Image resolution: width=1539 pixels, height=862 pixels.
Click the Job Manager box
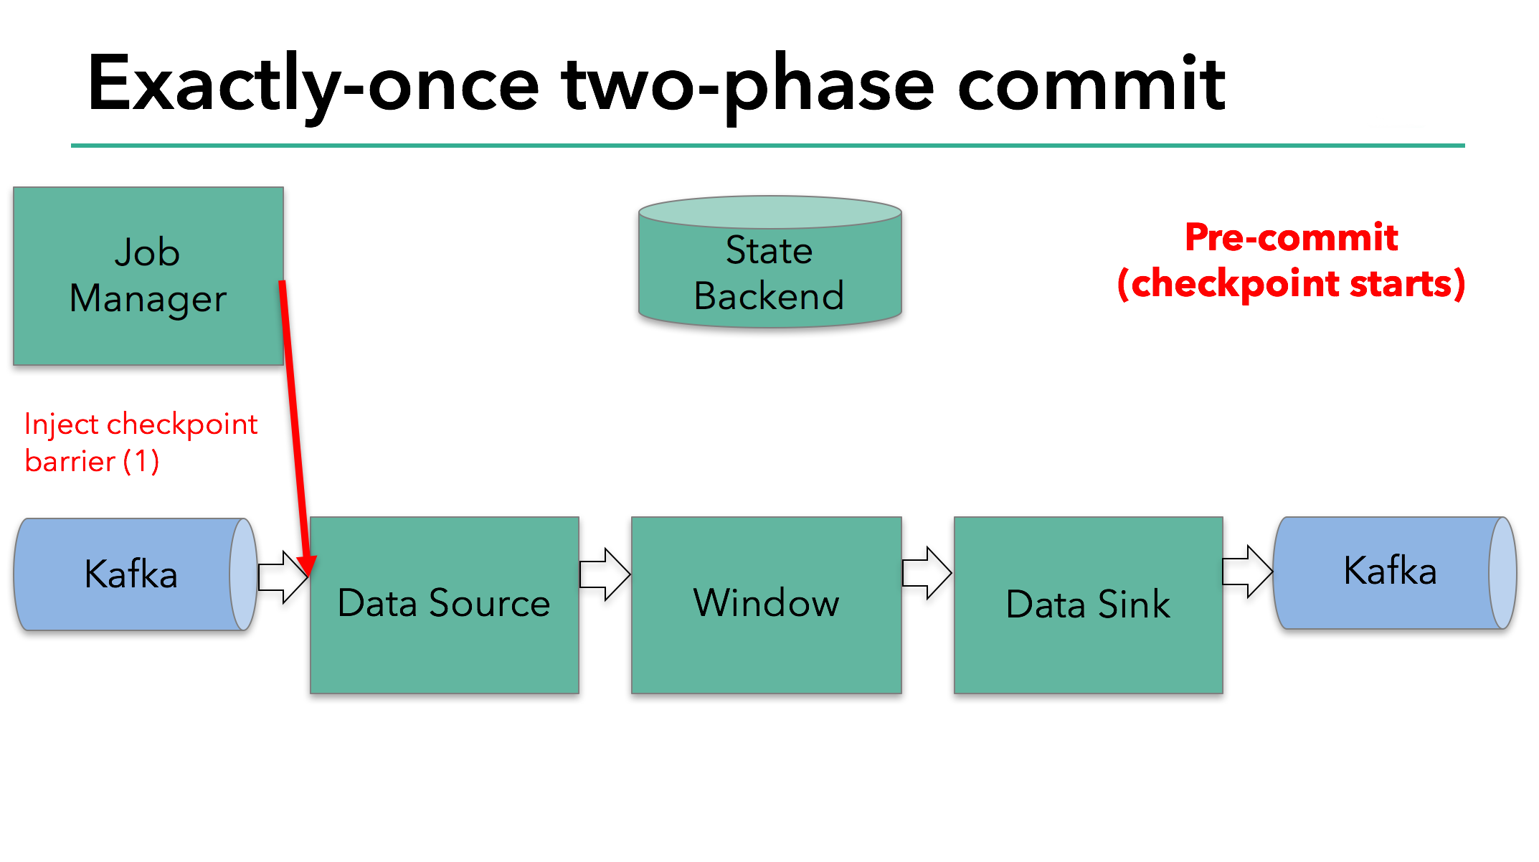coord(148,276)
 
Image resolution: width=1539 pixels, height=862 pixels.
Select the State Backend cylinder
coord(769,273)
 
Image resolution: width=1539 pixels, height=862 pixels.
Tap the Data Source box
coord(444,605)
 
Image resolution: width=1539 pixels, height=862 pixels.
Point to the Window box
coord(766,605)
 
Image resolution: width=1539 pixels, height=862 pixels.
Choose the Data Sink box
coord(1088,605)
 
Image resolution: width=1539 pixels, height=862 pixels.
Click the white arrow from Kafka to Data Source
coord(282,577)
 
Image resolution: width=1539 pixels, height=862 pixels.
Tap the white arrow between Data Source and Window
coord(605,574)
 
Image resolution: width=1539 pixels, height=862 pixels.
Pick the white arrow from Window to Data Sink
coord(927,573)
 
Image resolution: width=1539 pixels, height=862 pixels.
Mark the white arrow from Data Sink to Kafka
coord(1247,572)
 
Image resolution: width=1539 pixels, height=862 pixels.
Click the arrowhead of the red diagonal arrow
coord(308,566)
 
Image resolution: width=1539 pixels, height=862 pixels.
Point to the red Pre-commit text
coord(1291,237)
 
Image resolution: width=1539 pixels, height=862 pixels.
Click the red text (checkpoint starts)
coord(1291,284)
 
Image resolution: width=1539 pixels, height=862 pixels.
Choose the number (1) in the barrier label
coord(141,461)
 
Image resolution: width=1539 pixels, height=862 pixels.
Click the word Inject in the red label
coord(61,425)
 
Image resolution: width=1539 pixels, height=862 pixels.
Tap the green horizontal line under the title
coord(767,146)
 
